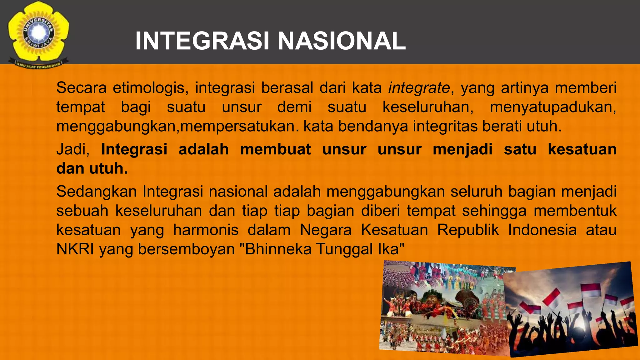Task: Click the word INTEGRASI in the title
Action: coord(202,41)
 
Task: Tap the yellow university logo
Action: coord(38,34)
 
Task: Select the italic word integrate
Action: coord(419,88)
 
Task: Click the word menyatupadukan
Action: coord(552,107)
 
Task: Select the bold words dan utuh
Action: coord(92,169)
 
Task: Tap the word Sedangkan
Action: coord(97,191)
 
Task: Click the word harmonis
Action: coord(206,230)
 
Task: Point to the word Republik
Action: coord(468,230)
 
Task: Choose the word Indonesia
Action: coord(542,230)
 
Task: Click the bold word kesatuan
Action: coord(582,149)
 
